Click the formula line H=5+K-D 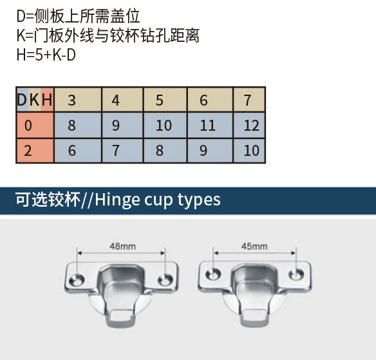(x=46, y=55)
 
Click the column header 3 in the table (x=71, y=100)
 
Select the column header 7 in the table (x=247, y=100)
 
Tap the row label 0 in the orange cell (x=28, y=126)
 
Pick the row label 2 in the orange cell (x=28, y=151)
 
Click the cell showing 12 (x=251, y=126)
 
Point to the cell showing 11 (x=208, y=126)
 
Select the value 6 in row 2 (x=72, y=151)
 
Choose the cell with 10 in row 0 (x=164, y=126)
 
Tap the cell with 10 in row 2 (x=251, y=151)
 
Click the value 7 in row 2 (x=116, y=151)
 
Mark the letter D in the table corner (x=22, y=100)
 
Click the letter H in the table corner (x=47, y=100)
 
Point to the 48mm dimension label (x=122, y=246)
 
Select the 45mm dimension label (x=254, y=246)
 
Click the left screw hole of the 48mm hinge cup (x=77, y=279)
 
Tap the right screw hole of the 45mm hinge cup (x=296, y=274)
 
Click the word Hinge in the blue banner (x=117, y=200)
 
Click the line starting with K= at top (x=108, y=35)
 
